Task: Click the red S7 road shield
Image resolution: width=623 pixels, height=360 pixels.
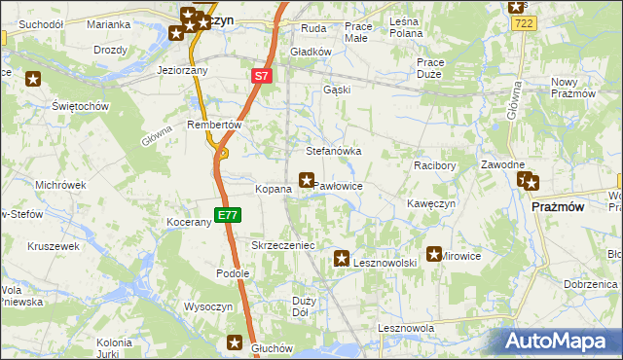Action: coord(261,75)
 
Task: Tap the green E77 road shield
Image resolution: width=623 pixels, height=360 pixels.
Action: coord(225,215)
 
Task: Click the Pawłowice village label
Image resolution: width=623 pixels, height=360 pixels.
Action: coord(340,186)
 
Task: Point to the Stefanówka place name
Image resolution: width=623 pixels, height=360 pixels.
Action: coord(334,152)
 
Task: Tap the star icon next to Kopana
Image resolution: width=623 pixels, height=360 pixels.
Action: coord(307,180)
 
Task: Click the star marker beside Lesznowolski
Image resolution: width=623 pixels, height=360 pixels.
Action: coord(342,259)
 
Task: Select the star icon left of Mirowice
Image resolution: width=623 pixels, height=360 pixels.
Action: coord(434,254)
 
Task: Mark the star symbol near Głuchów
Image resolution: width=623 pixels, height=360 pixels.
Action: coord(235,342)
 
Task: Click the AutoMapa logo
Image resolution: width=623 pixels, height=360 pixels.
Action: coord(563,341)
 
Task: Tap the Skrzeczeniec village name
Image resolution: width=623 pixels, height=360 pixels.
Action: coord(283,246)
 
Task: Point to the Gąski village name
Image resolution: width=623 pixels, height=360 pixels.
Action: coord(336,90)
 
